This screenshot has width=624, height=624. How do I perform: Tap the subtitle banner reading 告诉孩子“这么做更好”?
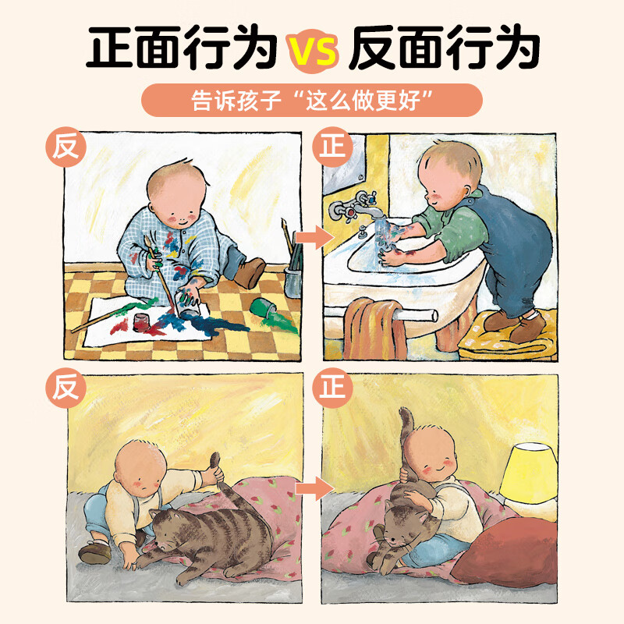pyautogui.click(x=312, y=101)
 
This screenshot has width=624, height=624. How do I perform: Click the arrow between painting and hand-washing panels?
pyautogui.click(x=311, y=237)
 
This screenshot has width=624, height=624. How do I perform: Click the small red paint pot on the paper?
pyautogui.click(x=142, y=321)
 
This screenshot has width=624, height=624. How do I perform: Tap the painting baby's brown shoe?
pyautogui.click(x=251, y=272)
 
